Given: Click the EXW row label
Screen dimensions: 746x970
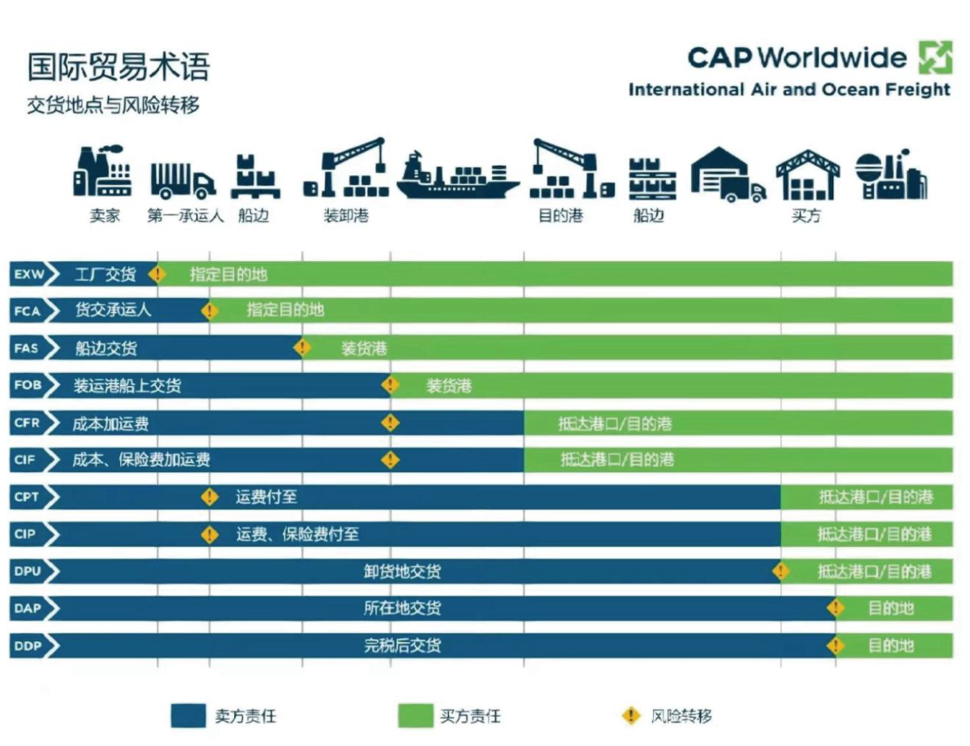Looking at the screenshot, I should pos(30,275).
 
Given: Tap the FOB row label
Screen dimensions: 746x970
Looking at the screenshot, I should pos(28,385).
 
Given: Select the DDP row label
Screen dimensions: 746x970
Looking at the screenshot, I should pos(28,646).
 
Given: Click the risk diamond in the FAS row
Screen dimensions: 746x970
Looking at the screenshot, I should pos(302,348).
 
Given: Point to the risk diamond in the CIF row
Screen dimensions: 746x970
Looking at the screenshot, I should pos(390,459).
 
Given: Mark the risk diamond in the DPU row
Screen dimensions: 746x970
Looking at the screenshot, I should pos(781,571).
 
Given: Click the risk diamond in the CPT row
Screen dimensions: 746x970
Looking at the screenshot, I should pos(210,497).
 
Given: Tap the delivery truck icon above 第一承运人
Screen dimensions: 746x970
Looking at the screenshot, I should pos(182,180).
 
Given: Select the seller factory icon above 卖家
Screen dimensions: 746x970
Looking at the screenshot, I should pos(103,173).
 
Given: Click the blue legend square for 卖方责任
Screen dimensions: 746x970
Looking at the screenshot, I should pos(188,716).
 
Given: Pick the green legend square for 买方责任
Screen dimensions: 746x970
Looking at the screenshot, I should pos(415,716).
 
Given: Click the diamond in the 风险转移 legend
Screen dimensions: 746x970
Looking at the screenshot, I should pos(631,716).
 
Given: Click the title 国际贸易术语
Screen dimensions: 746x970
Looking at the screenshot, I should pos(119,67).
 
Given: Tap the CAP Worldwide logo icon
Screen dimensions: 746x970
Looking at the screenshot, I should pos(935,57).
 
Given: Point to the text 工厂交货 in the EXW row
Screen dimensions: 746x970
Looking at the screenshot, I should pos(106,275).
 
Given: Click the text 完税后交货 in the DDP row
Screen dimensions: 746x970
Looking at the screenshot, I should pos(403,646).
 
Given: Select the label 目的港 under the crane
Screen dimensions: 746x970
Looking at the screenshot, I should pos(561,215).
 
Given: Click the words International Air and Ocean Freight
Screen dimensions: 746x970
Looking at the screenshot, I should pos(789,90).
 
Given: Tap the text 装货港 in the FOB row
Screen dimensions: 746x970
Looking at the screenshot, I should pos(449,385).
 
